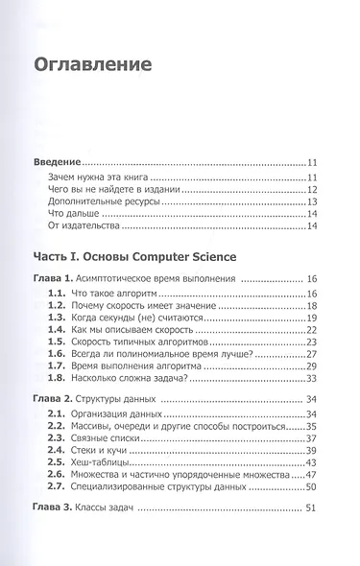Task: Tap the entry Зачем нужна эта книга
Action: click(x=110, y=178)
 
